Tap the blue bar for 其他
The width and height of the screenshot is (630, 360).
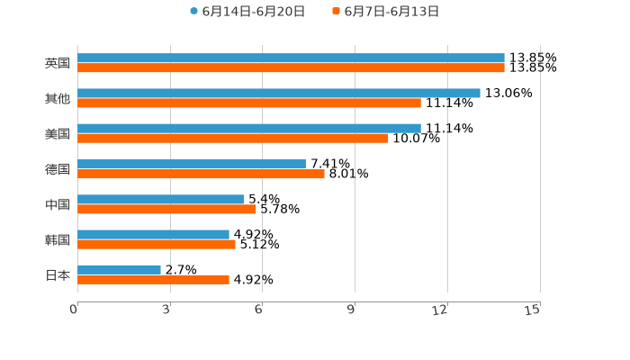[x=279, y=94]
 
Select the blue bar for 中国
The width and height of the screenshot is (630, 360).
[x=161, y=200]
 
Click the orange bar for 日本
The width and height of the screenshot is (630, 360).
[x=153, y=280]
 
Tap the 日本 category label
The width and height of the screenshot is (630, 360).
[x=58, y=275]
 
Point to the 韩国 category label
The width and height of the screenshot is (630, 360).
[x=58, y=239]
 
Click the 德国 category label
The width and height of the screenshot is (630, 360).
[x=58, y=169]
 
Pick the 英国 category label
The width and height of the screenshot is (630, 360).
[x=58, y=64]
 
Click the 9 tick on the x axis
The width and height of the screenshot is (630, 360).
[x=354, y=310]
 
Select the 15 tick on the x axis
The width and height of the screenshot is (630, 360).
[x=533, y=310]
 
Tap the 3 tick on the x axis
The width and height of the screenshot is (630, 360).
[x=167, y=310]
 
